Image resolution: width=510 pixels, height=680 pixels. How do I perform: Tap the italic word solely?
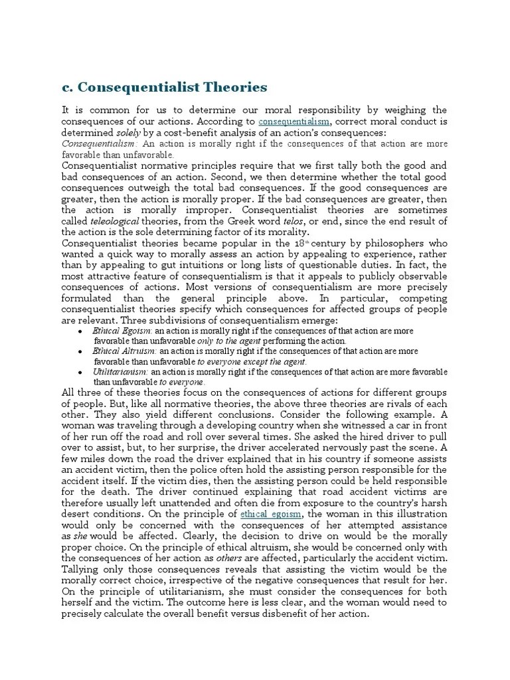coord(124,133)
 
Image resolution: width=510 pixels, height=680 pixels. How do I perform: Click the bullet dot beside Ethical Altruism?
coord(80,351)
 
